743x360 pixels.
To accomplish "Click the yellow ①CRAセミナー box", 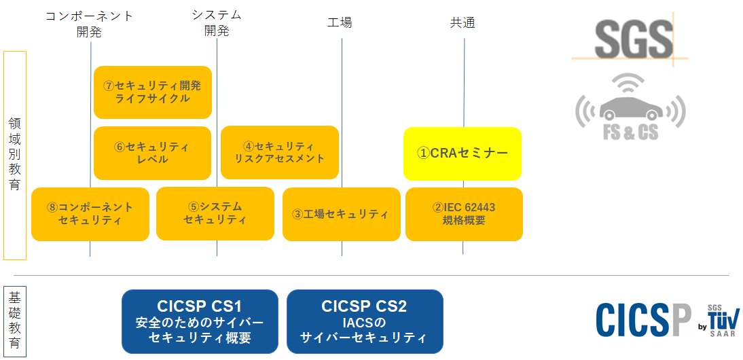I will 462,154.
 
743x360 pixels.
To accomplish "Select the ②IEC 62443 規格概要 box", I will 464,214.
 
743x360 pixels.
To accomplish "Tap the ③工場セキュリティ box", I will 341,214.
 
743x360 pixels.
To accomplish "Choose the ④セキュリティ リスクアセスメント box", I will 279,152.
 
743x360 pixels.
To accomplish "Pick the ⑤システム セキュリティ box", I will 215,213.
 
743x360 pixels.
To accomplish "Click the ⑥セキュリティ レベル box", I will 152,153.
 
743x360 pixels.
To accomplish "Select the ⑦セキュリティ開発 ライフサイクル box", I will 152,92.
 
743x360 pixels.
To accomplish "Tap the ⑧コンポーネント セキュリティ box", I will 90,214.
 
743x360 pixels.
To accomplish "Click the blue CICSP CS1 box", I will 200,321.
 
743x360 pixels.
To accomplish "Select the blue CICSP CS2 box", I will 364,321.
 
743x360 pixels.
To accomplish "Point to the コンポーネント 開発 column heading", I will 90,24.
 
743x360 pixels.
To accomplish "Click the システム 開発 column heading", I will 217,22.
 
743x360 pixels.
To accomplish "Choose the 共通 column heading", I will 463,23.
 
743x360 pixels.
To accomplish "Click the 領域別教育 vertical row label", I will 15,155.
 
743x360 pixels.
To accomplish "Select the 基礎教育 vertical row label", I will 15,321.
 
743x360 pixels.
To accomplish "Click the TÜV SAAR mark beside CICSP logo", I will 720,320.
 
